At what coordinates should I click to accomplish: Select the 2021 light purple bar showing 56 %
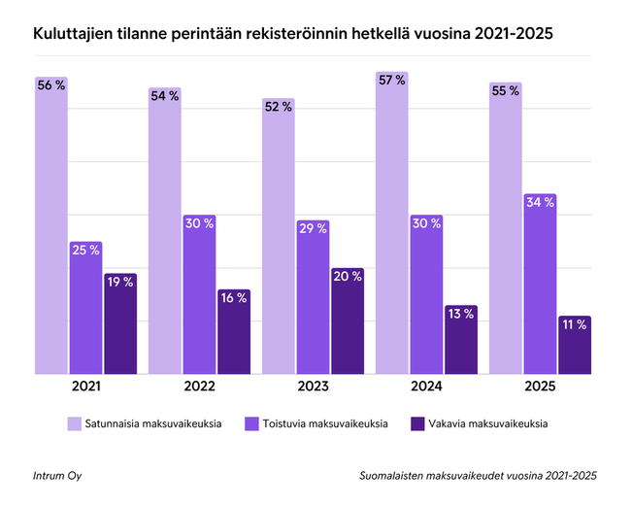[50, 228]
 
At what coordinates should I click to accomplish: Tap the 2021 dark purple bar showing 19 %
[120, 325]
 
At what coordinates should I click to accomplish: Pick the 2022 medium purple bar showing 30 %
[199, 296]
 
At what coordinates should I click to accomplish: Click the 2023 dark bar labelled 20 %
[348, 322]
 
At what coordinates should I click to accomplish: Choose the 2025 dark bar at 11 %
[575, 346]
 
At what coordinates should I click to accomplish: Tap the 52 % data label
[278, 107]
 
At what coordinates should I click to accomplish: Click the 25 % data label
[85, 250]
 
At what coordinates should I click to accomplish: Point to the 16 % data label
[234, 298]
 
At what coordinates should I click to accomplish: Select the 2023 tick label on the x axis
[313, 386]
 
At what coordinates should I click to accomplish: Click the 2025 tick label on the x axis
[540, 386]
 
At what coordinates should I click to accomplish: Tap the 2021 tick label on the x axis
[85, 386]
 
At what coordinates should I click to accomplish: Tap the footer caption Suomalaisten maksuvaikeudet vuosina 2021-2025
[477, 475]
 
